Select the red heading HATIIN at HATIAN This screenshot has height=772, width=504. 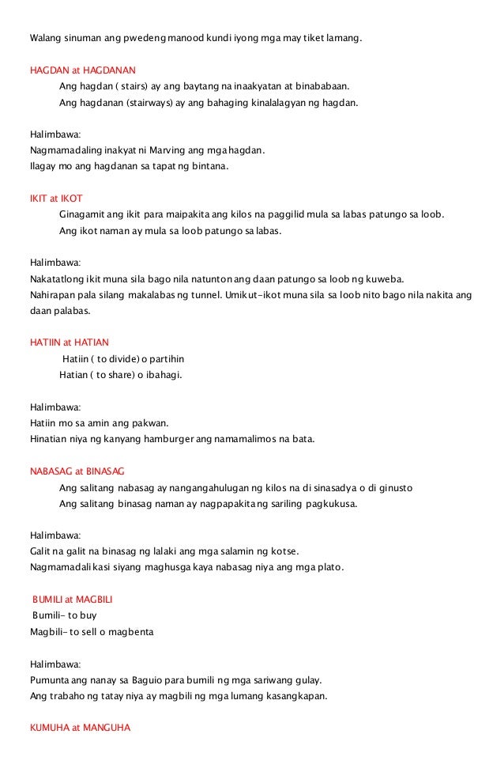pos(70,342)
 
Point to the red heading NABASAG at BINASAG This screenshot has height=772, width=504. pos(72,471)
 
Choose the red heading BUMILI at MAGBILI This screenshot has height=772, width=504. pos(73,599)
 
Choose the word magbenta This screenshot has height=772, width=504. pos(133,632)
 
